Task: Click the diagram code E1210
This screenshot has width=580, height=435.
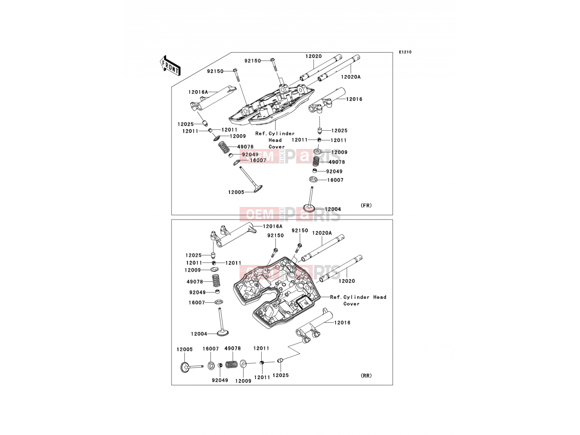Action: tap(405, 52)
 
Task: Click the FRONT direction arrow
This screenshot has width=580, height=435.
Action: tap(170, 66)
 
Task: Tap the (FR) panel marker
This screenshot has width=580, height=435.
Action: tap(366, 205)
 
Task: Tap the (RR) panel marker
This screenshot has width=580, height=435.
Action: tap(366, 375)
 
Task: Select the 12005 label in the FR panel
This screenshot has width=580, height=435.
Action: tap(236, 192)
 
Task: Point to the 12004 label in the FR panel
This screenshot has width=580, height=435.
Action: tap(333, 209)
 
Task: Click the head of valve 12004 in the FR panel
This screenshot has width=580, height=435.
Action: tap(309, 208)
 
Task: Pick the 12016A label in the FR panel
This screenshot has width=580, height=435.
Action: tap(198, 92)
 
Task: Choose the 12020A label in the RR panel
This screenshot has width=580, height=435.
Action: tap(322, 233)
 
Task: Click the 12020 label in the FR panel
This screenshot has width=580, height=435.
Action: tap(314, 56)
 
